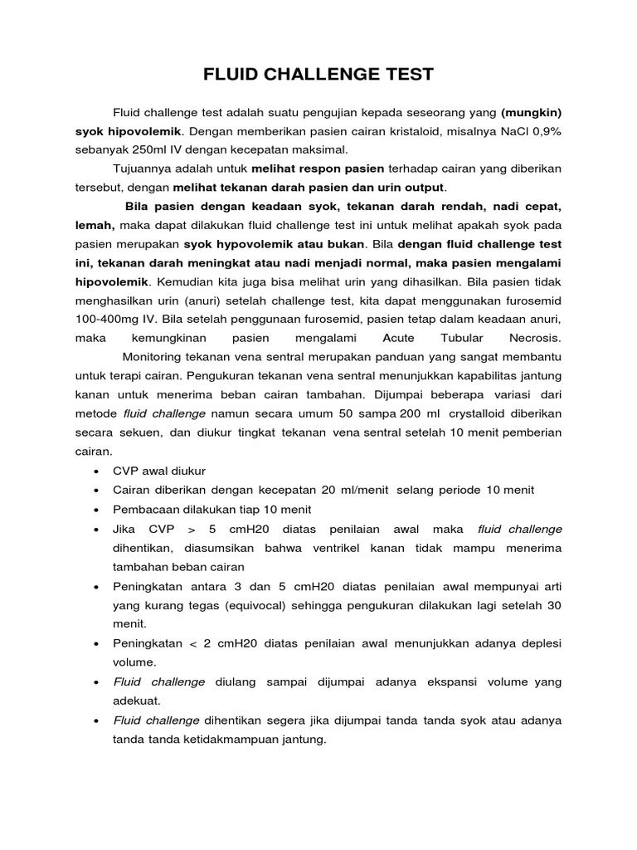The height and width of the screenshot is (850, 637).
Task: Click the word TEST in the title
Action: pos(403,75)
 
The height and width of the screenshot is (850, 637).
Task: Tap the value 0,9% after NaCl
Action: pos(542,131)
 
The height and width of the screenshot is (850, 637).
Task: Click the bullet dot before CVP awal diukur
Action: pos(99,471)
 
